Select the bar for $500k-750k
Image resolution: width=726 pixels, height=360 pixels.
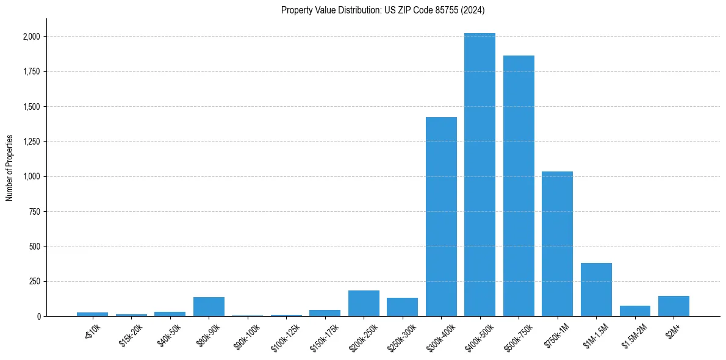tap(519, 186)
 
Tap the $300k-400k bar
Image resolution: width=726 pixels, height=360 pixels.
tap(441, 217)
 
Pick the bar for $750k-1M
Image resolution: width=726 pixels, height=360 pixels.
tap(557, 244)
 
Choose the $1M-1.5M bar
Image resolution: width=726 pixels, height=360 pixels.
tap(596, 290)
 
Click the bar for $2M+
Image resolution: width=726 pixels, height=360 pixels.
tap(674, 306)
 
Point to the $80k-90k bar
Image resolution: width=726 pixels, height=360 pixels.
tap(209, 307)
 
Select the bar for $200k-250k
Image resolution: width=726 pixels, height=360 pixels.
tap(364, 303)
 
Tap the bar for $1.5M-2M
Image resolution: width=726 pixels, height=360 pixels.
tap(634, 311)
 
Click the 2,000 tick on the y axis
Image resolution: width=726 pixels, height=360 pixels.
tap(30, 37)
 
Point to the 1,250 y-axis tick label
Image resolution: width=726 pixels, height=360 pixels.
tap(30, 142)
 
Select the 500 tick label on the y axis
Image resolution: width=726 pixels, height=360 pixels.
tap(34, 247)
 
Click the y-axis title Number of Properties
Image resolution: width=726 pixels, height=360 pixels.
tap(9, 168)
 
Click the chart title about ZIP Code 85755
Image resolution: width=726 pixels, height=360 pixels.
tap(383, 10)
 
